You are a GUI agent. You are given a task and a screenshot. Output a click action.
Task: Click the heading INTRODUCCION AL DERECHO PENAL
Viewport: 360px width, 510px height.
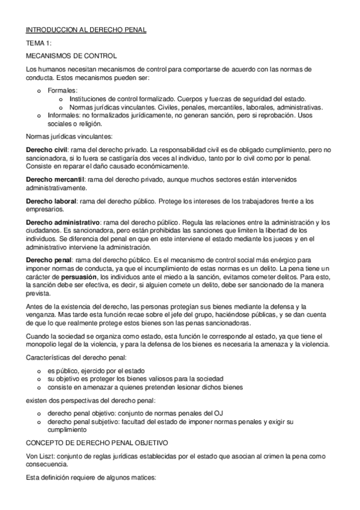(x=87, y=29)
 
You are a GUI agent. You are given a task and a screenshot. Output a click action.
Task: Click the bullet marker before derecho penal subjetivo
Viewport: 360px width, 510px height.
(x=39, y=422)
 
